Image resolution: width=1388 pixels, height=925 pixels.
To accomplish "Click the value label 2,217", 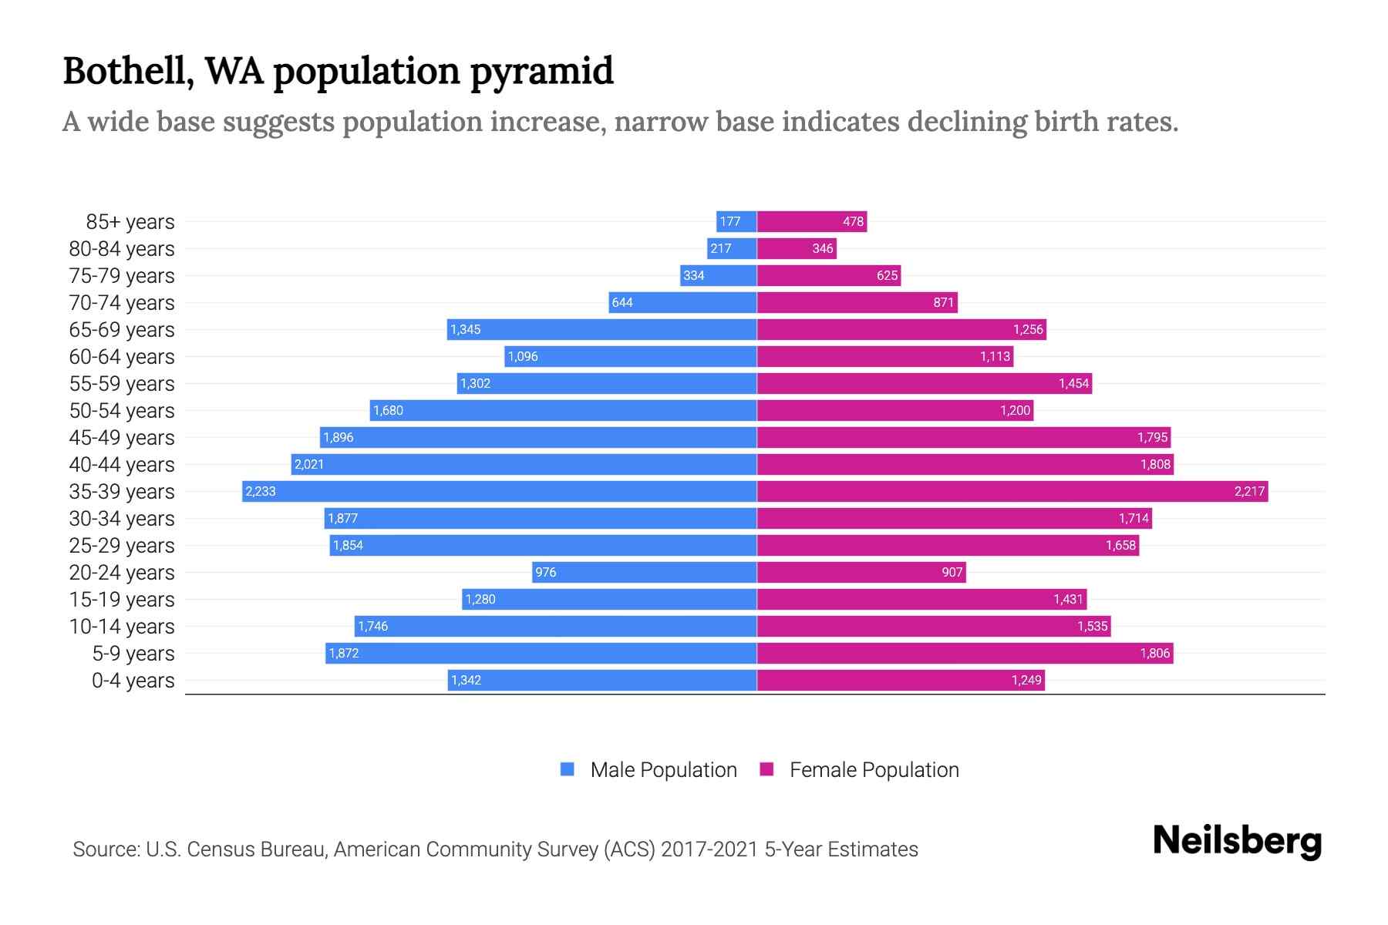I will coord(1249,491).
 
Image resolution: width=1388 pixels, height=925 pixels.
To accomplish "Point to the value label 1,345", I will coord(465,329).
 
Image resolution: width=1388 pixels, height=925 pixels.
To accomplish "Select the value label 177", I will coord(729,221).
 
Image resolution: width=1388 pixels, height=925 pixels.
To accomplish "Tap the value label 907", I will coord(952,572).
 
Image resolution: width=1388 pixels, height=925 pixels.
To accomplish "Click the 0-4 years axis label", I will coord(133,680).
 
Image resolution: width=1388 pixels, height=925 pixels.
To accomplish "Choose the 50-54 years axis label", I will coord(122,410).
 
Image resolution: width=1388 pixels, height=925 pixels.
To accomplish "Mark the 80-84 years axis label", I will coord(122,248).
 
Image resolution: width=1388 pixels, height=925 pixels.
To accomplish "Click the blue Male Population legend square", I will coord(568,769).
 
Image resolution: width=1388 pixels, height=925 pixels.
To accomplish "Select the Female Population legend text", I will coord(874,769).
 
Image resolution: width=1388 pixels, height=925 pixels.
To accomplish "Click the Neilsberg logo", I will coord(1237,840).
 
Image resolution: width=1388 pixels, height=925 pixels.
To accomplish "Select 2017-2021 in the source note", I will coord(709,849).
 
